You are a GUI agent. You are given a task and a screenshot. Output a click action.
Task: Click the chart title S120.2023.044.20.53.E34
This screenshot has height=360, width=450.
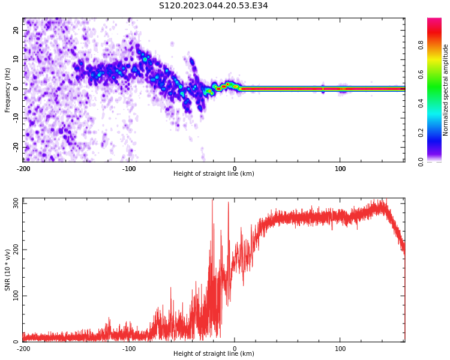213,5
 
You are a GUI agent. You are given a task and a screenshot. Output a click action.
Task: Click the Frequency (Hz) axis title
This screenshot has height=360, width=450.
8,90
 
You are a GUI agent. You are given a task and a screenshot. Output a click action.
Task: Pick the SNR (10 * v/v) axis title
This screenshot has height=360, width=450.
8,270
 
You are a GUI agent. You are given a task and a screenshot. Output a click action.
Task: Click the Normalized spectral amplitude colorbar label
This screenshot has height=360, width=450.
446,90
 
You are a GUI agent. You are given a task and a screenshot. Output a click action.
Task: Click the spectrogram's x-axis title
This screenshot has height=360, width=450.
214,174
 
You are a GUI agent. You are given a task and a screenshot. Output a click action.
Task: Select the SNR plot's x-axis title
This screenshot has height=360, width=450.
214,354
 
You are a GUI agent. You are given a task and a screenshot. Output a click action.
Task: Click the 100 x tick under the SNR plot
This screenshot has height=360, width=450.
340,349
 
